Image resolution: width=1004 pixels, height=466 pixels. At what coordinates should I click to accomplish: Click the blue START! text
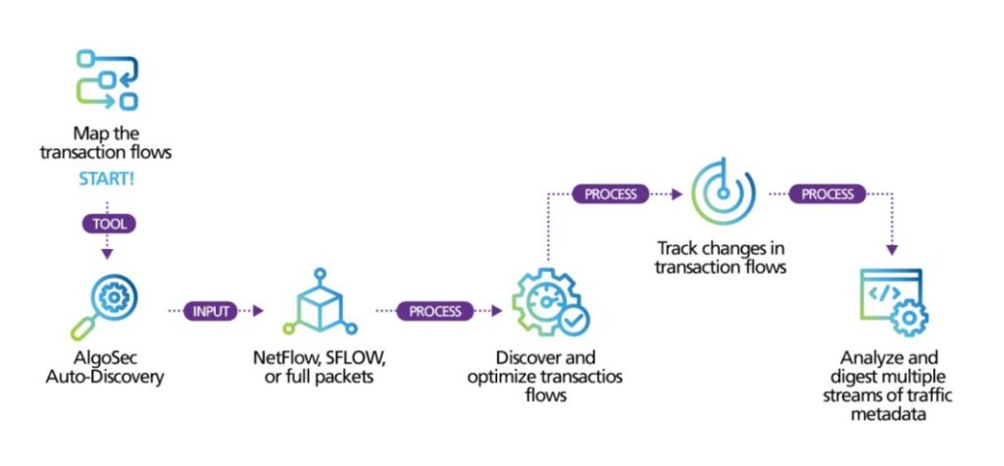pyautogui.click(x=106, y=180)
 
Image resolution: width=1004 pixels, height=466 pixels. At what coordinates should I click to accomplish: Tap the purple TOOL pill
pyautogui.click(x=108, y=224)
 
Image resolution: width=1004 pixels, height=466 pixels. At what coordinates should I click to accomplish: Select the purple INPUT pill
pyautogui.click(x=211, y=311)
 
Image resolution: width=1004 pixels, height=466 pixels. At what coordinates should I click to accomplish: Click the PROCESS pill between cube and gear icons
pyautogui.click(x=435, y=311)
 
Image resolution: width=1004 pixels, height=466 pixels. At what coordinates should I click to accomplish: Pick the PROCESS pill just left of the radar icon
pyautogui.click(x=611, y=193)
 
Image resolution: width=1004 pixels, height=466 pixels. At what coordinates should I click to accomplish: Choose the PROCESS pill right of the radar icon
pyautogui.click(x=828, y=193)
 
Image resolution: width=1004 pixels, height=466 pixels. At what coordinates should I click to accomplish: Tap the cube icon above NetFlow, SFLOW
pyautogui.click(x=320, y=301)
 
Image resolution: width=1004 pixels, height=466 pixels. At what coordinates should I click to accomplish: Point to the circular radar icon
pyautogui.click(x=724, y=191)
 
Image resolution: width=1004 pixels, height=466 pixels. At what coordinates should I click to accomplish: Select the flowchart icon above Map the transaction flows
pyautogui.click(x=107, y=80)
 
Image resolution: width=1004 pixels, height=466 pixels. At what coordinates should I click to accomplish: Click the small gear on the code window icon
pyautogui.click(x=908, y=318)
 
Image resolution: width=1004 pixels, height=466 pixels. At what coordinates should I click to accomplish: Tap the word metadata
pyautogui.click(x=888, y=413)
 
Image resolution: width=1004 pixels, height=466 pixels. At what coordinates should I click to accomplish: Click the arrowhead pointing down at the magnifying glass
pyautogui.click(x=108, y=254)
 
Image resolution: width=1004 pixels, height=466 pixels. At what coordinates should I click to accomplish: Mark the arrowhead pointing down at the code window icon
pyautogui.click(x=890, y=250)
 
